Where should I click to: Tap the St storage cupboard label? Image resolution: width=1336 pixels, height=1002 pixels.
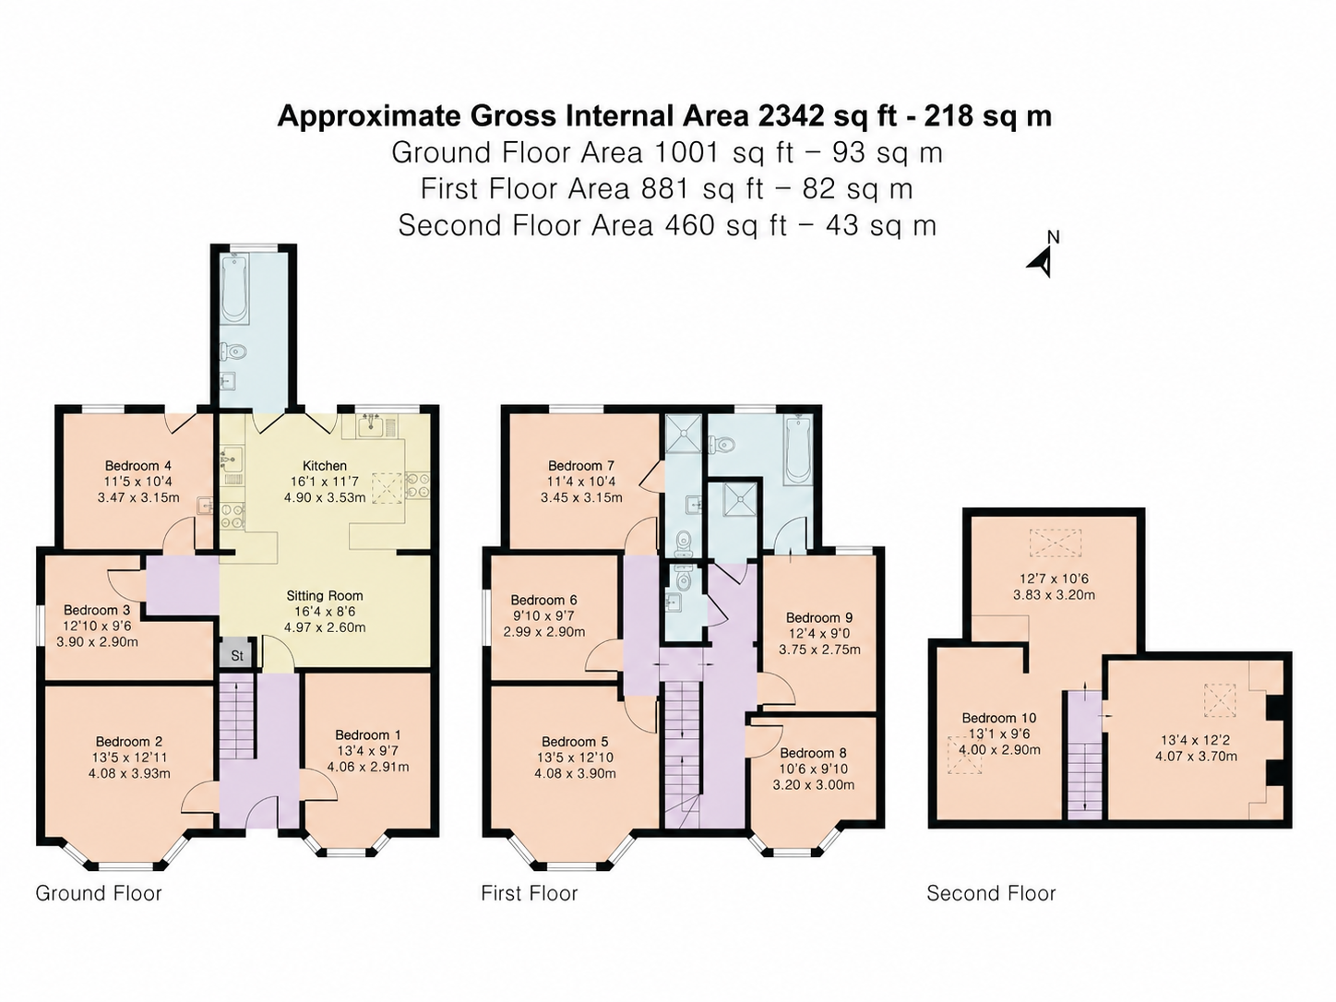[x=237, y=656]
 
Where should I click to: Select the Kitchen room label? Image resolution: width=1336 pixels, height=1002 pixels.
[x=325, y=465]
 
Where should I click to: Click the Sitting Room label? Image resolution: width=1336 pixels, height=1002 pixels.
[x=325, y=596]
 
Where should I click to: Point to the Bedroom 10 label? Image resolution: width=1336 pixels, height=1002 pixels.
[x=999, y=718]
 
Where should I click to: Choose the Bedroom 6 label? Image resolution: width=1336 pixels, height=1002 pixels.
[x=543, y=600]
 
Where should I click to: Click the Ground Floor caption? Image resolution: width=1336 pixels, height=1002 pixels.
[x=99, y=893]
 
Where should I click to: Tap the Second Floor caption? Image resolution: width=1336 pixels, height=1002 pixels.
[x=991, y=893]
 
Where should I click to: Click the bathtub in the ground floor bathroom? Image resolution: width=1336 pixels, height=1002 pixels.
[x=233, y=289]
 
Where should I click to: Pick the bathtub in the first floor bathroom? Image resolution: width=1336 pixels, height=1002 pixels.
[x=795, y=451]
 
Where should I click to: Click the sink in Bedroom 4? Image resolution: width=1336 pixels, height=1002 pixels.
[x=205, y=506]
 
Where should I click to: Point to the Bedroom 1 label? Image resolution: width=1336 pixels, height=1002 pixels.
[x=367, y=735]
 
